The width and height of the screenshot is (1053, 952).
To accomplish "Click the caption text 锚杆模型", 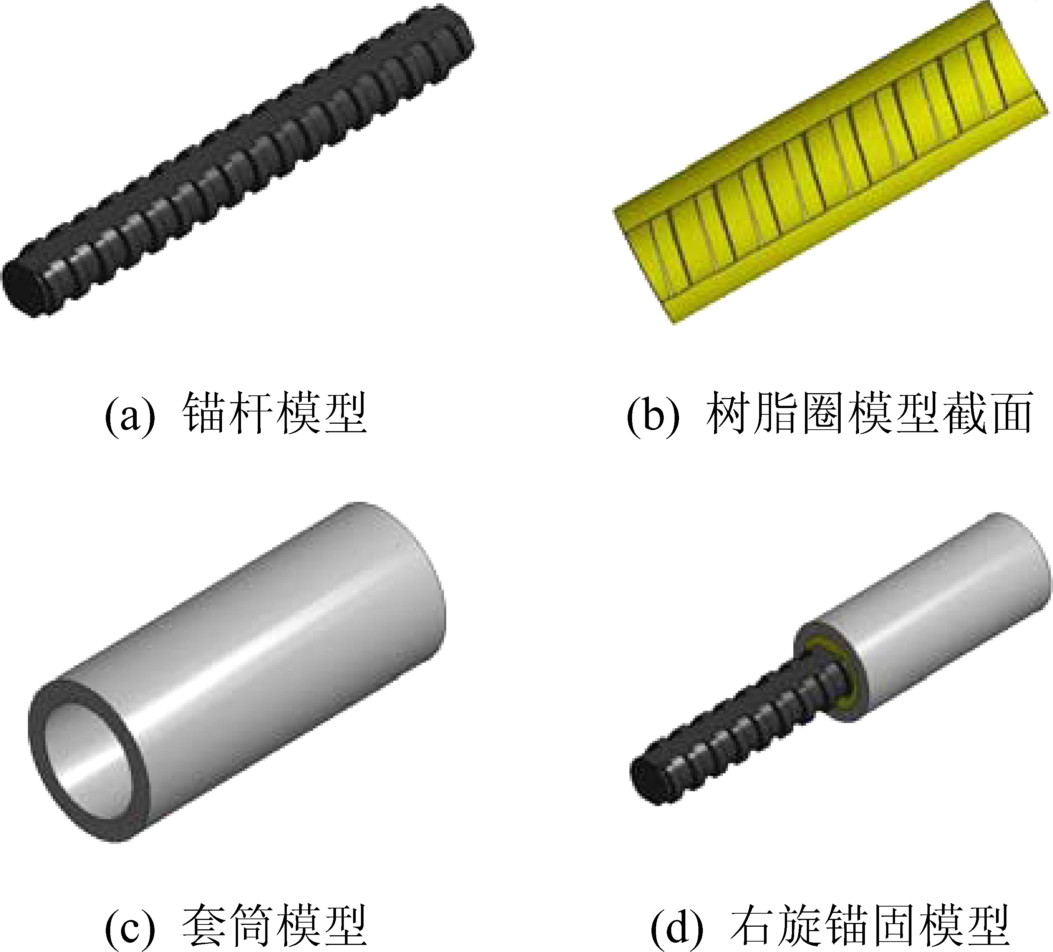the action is [275, 413].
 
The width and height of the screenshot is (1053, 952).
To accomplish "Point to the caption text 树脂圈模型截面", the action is [870, 413].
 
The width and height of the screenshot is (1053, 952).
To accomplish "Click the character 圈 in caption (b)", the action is [823, 413].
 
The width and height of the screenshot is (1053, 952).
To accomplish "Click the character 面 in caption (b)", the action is [1011, 413].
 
